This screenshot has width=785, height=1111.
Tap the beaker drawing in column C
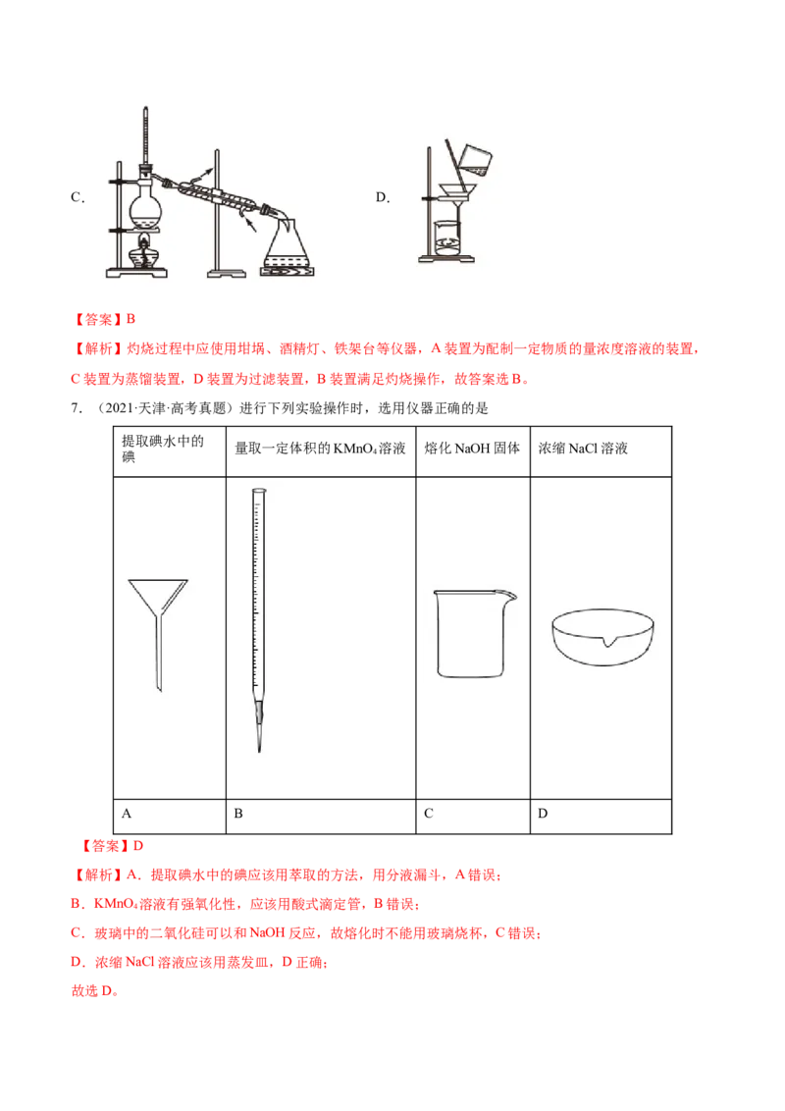(473, 633)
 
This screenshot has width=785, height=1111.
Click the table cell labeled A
(170, 816)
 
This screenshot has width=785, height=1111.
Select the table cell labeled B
(320, 816)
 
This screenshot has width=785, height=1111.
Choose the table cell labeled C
(473, 816)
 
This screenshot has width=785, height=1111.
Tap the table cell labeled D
(601, 816)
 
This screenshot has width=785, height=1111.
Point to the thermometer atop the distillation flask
(146, 141)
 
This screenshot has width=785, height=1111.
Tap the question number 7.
(76, 408)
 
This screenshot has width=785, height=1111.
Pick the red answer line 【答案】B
(103, 320)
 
